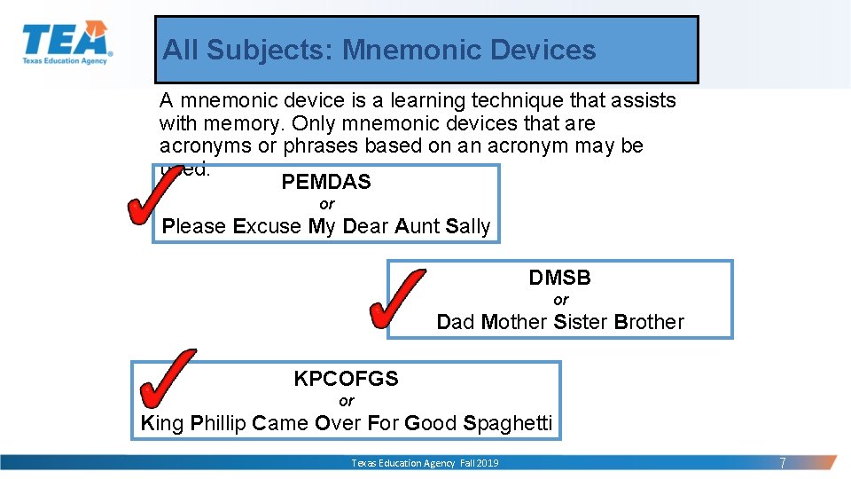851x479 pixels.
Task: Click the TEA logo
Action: pyautogui.click(x=66, y=43)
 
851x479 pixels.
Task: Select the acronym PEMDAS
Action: pyautogui.click(x=326, y=183)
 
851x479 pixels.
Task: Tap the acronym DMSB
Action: pyautogui.click(x=560, y=278)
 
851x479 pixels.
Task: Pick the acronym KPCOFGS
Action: pyautogui.click(x=346, y=379)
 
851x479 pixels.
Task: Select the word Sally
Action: pyautogui.click(x=468, y=226)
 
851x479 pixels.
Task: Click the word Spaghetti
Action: pyautogui.click(x=508, y=423)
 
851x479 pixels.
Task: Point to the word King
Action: pyautogui.click(x=162, y=423)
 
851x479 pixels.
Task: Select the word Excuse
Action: pyautogui.click(x=267, y=226)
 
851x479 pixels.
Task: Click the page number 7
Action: pyautogui.click(x=782, y=463)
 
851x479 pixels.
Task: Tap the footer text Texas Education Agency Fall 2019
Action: pyautogui.click(x=425, y=463)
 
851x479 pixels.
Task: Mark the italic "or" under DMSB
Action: pyautogui.click(x=560, y=300)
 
